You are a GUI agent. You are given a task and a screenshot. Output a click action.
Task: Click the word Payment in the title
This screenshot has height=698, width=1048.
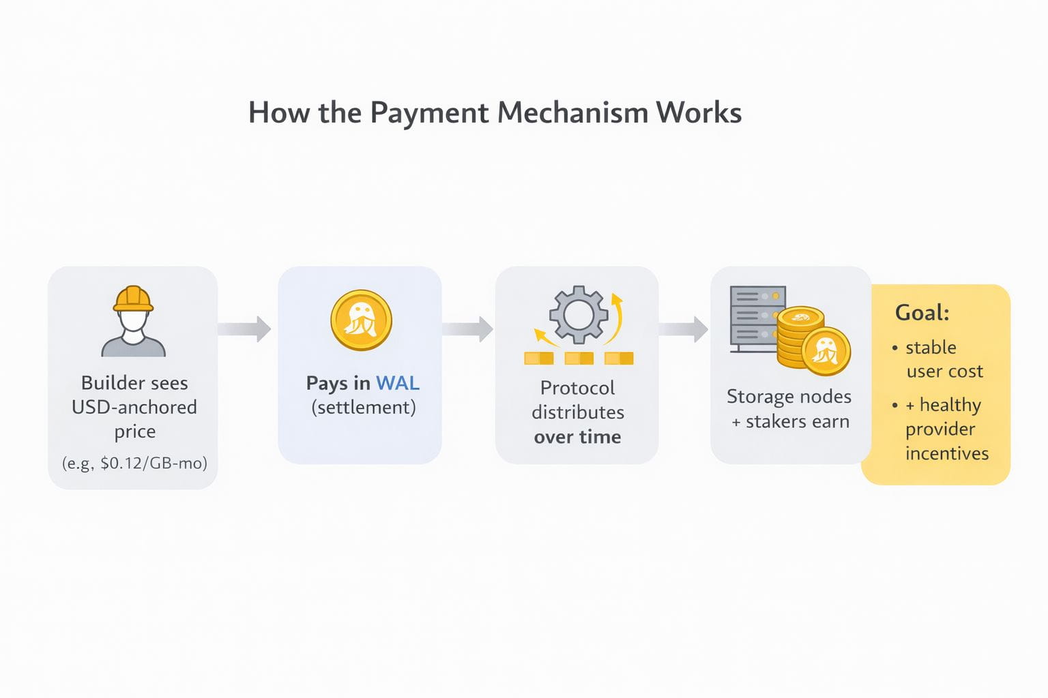(x=430, y=113)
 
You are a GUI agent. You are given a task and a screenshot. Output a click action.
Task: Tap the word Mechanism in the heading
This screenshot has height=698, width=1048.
(x=572, y=113)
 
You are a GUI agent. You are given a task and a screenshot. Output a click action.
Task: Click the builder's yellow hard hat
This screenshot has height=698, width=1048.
(x=134, y=299)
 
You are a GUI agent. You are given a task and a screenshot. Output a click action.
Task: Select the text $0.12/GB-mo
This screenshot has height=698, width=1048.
(x=154, y=464)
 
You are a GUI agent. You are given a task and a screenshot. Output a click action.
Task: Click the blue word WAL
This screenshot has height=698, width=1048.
(x=398, y=383)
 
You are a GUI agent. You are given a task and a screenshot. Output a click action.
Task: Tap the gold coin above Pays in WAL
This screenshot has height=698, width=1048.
(x=361, y=320)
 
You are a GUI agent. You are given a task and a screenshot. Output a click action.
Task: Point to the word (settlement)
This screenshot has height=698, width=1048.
(x=363, y=408)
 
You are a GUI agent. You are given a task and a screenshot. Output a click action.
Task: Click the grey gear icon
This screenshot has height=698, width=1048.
(x=579, y=314)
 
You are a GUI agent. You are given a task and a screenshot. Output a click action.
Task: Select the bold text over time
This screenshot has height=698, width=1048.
(x=577, y=437)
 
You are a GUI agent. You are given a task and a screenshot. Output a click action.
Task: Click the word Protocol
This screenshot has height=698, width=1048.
(x=577, y=388)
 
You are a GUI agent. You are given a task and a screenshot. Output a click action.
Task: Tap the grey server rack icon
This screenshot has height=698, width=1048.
(x=756, y=317)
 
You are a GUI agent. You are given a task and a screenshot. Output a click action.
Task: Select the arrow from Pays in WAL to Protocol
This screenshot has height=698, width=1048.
(x=467, y=329)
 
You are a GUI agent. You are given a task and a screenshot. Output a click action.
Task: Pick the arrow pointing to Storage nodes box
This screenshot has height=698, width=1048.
(x=684, y=329)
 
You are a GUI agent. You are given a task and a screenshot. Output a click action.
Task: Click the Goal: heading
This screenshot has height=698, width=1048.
(x=922, y=313)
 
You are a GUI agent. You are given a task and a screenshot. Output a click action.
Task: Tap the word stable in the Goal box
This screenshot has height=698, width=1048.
(x=931, y=348)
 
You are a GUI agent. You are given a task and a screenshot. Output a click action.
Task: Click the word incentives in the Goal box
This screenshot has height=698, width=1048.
(x=947, y=453)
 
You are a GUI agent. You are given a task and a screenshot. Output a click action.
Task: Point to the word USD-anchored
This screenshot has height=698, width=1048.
(x=134, y=407)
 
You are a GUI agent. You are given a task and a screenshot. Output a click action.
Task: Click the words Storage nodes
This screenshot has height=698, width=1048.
(x=789, y=397)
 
